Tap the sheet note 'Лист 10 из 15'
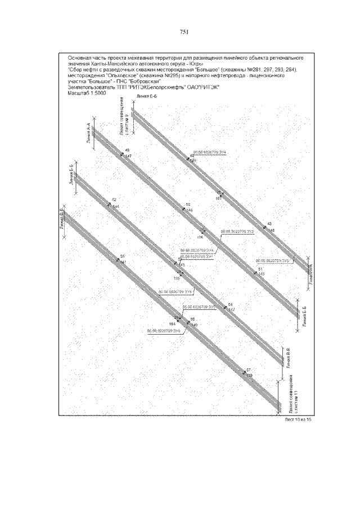[x=298, y=420]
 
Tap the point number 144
[x=116, y=207]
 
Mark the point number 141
[x=123, y=263]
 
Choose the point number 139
[x=250, y=375]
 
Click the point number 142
[x=231, y=310]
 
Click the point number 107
[x=218, y=199]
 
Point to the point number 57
[x=248, y=370]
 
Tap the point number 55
[x=122, y=257]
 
